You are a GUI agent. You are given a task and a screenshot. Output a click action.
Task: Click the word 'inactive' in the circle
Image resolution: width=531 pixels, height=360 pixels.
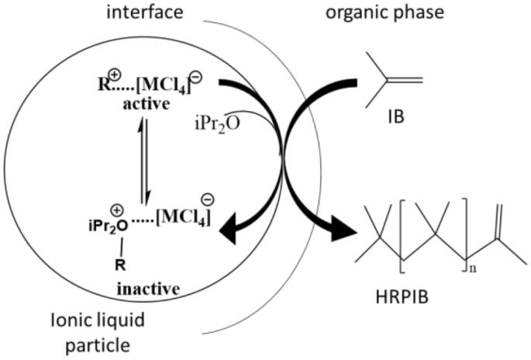149,289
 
